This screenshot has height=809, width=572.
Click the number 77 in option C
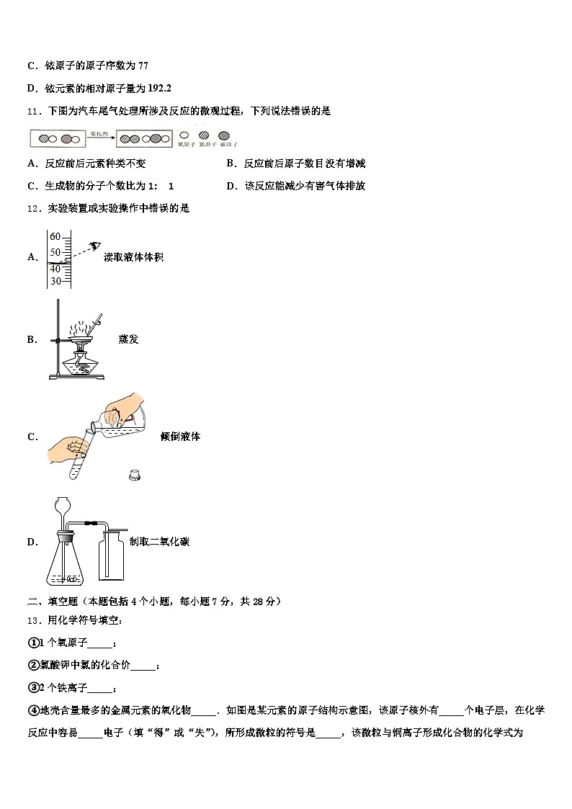point(143,66)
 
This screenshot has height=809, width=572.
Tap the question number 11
point(32,111)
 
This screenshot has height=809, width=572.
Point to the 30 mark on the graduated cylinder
point(55,281)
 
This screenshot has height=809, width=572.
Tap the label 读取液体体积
point(133,256)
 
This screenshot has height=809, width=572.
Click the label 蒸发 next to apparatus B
point(128,339)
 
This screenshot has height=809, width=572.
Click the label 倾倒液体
point(180,437)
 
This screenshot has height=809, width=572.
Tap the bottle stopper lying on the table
point(133,474)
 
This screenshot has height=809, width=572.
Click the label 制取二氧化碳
point(159,542)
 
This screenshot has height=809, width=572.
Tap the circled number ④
point(32,710)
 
